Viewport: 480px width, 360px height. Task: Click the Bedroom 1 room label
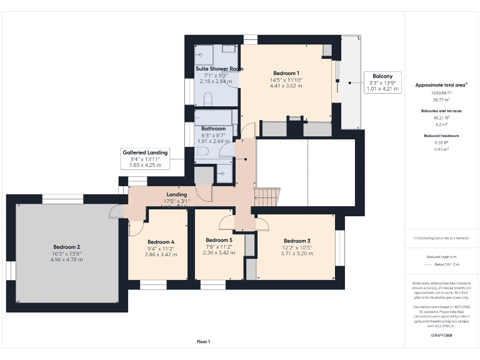pyautogui.click(x=286, y=73)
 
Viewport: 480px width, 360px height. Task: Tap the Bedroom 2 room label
pyautogui.click(x=66, y=247)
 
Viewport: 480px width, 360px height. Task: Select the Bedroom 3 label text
pyautogui.click(x=296, y=241)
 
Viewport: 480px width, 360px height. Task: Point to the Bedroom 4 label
pyautogui.click(x=161, y=242)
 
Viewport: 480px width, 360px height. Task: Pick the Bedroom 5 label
pyautogui.click(x=219, y=240)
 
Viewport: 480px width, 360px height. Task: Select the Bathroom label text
pyautogui.click(x=213, y=128)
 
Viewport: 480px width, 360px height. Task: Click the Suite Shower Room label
pyautogui.click(x=219, y=69)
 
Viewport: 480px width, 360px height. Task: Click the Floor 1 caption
pyautogui.click(x=203, y=341)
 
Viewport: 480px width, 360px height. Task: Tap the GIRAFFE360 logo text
pyautogui.click(x=441, y=336)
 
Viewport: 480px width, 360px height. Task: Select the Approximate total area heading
pyautogui.click(x=441, y=84)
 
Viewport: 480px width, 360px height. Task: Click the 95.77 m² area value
pyautogui.click(x=442, y=99)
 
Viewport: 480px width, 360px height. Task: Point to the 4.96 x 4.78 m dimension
pyautogui.click(x=66, y=259)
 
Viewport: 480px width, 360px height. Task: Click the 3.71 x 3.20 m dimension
pyautogui.click(x=296, y=253)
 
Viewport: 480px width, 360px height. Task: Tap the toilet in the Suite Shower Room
pyautogui.click(x=209, y=97)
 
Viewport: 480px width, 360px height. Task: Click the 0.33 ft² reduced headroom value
pyautogui.click(x=442, y=142)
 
